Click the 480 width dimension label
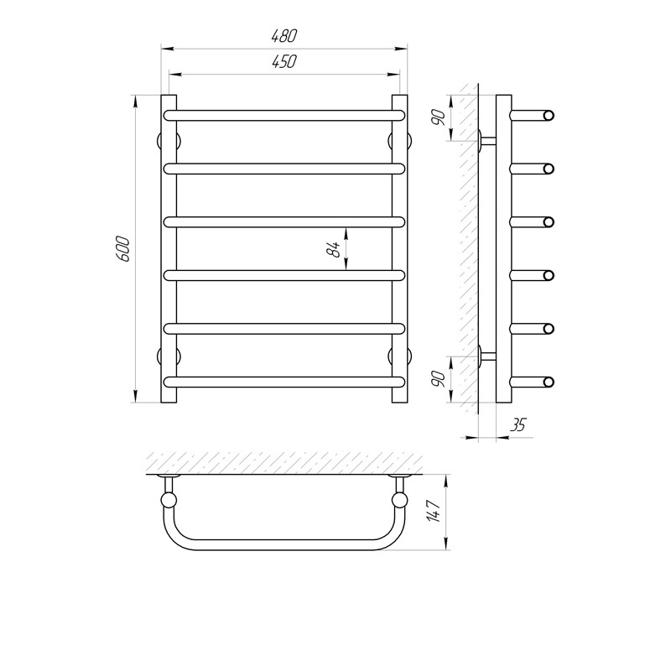tap(283, 36)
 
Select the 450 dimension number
tap(283, 61)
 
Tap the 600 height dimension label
tap(122, 248)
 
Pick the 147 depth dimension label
tap(434, 511)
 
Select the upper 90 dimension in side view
tap(439, 117)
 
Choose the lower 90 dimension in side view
tap(439, 379)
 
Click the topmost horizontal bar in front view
tap(284, 116)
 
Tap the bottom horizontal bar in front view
tap(284, 382)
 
